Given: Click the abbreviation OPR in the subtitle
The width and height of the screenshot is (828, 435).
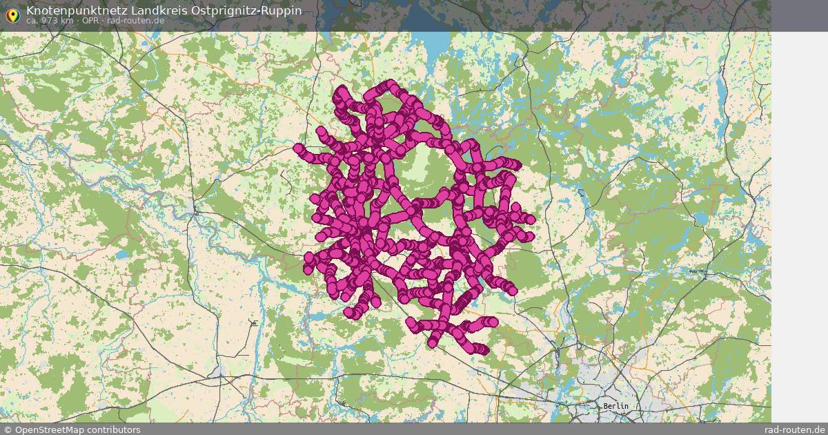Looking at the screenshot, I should point(92,21).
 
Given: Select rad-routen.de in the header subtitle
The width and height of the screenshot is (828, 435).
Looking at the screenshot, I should point(135,21).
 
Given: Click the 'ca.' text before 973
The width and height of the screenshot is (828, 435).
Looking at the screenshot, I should point(32,21).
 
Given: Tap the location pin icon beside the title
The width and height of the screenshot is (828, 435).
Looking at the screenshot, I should point(12,15).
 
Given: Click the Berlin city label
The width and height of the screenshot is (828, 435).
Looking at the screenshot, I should point(615,406).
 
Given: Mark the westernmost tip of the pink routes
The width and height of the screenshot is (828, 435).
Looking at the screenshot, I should point(298,148).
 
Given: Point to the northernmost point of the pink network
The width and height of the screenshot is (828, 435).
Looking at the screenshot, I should point(391,84).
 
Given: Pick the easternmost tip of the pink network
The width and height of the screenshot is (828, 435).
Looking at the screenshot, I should point(530,220).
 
